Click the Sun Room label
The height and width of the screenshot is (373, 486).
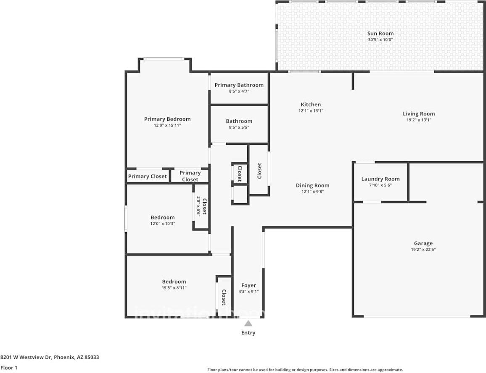(x=380, y=34)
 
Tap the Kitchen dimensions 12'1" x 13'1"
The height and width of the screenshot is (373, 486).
(x=311, y=111)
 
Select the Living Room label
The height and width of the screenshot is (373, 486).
(x=419, y=114)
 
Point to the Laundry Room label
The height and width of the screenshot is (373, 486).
(x=380, y=179)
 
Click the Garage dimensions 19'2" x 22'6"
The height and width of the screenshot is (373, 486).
(x=423, y=250)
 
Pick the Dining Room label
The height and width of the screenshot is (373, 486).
(x=312, y=185)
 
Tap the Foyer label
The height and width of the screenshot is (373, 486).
(x=248, y=285)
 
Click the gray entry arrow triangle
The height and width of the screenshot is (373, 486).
(x=248, y=324)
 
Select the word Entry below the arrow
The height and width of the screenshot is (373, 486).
(x=248, y=333)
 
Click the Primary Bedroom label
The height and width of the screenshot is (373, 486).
(x=167, y=119)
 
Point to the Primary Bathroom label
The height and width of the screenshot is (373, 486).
(x=239, y=85)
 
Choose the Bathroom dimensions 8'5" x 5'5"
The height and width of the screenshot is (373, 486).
(x=239, y=128)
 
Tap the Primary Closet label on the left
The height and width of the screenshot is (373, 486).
(x=148, y=176)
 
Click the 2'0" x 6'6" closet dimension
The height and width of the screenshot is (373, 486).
(x=198, y=206)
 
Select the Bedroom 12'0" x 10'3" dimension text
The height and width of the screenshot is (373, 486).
(x=163, y=224)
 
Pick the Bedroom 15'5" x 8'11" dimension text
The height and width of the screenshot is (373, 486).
(x=174, y=288)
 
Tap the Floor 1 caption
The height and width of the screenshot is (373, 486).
(x=9, y=368)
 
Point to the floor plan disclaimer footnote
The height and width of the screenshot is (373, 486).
(x=305, y=370)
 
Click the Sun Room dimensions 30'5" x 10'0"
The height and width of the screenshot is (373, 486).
(x=380, y=39)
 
